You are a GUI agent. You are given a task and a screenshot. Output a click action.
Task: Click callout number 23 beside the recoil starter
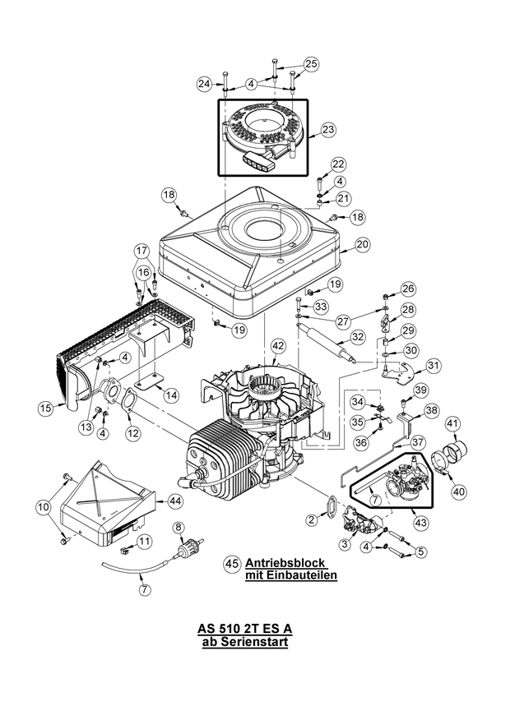(328, 129)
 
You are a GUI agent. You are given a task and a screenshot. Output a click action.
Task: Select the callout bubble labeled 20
(363, 243)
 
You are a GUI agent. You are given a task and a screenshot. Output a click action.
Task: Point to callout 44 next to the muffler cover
(175, 500)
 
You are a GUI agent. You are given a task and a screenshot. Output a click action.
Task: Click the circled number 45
(232, 564)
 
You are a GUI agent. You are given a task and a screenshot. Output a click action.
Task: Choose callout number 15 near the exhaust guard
(47, 406)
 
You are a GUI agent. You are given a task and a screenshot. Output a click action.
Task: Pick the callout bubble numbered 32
(357, 337)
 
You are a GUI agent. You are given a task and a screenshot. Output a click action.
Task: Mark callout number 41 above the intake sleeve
(452, 423)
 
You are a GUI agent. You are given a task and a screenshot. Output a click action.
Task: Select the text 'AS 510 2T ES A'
(244, 629)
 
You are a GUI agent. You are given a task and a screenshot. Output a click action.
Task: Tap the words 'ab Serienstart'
(244, 642)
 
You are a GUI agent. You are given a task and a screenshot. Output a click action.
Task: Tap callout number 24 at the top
(204, 83)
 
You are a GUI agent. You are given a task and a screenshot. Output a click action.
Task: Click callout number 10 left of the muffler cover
(43, 509)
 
